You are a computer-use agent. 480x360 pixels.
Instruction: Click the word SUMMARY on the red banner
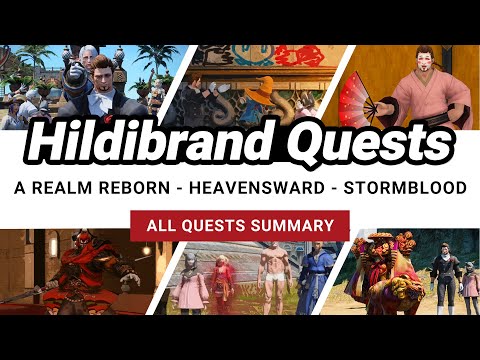click(290, 226)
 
